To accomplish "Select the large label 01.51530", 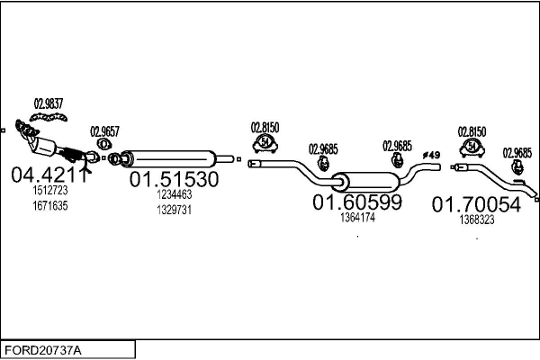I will [x=175, y=179].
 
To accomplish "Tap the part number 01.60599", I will [x=356, y=202].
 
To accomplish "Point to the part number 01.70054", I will [x=476, y=204].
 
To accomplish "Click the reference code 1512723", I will [x=49, y=192].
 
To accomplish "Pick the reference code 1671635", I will [x=49, y=205].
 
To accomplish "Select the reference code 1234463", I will [x=175, y=194].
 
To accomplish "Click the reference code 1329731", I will [x=175, y=209].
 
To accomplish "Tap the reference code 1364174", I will [x=357, y=217].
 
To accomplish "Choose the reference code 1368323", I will [x=476, y=219].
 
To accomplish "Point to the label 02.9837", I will [x=49, y=103].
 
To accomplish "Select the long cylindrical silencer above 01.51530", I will [x=171, y=157].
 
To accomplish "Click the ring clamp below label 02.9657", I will [x=104, y=143].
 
